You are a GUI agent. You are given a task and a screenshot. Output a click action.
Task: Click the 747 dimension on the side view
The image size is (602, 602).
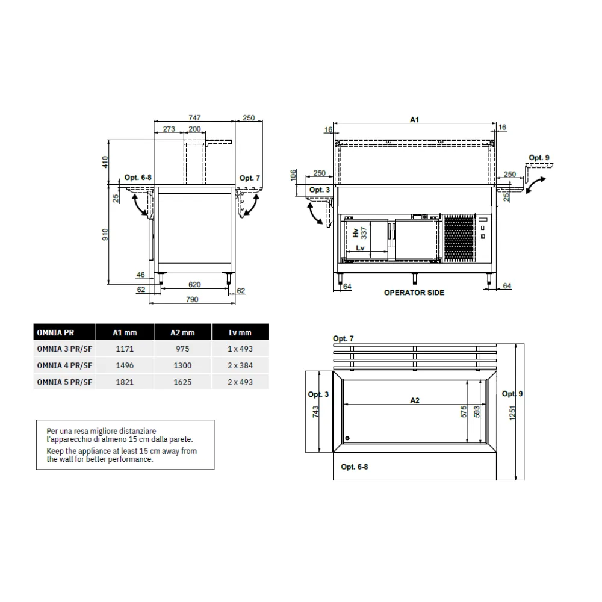(194, 118)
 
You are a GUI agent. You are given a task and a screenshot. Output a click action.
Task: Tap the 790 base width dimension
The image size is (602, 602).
(192, 299)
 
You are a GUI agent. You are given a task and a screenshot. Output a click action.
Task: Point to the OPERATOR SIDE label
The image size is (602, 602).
(414, 293)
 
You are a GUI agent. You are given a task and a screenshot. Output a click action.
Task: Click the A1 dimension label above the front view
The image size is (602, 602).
(414, 120)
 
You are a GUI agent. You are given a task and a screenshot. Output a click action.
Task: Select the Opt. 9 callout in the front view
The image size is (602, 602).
(539, 158)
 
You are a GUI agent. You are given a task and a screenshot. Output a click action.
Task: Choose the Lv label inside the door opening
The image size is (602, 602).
(360, 248)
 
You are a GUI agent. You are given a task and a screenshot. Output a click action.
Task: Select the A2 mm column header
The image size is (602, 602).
(182, 332)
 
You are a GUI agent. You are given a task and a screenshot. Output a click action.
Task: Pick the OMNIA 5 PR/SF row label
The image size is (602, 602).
(64, 382)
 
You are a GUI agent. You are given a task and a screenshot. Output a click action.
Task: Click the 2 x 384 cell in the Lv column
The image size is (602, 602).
(240, 365)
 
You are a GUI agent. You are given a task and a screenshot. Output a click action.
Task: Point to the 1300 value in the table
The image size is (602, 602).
(182, 365)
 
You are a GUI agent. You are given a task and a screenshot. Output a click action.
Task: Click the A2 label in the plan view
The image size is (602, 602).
(414, 400)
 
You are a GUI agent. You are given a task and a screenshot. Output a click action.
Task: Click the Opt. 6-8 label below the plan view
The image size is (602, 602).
(354, 467)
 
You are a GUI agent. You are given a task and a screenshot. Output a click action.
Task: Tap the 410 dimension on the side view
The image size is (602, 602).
(105, 161)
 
